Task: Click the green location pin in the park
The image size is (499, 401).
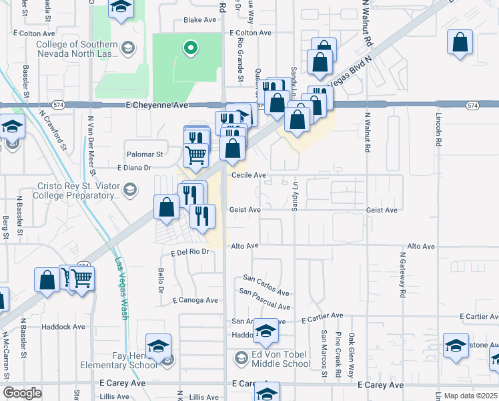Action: click(x=191, y=47)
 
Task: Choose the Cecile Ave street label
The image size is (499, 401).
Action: click(x=249, y=175)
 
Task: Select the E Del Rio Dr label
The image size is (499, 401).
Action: click(x=190, y=253)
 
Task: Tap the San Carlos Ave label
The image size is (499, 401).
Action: click(x=266, y=285)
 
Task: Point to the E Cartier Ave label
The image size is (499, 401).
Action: click(x=322, y=315)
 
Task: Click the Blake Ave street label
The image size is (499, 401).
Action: click(x=200, y=20)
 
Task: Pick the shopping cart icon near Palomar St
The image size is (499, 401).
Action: click(x=195, y=154)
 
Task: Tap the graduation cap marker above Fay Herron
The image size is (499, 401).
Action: click(x=159, y=346)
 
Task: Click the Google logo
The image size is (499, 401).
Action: click(x=23, y=393)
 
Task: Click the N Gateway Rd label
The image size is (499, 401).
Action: click(x=402, y=275)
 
